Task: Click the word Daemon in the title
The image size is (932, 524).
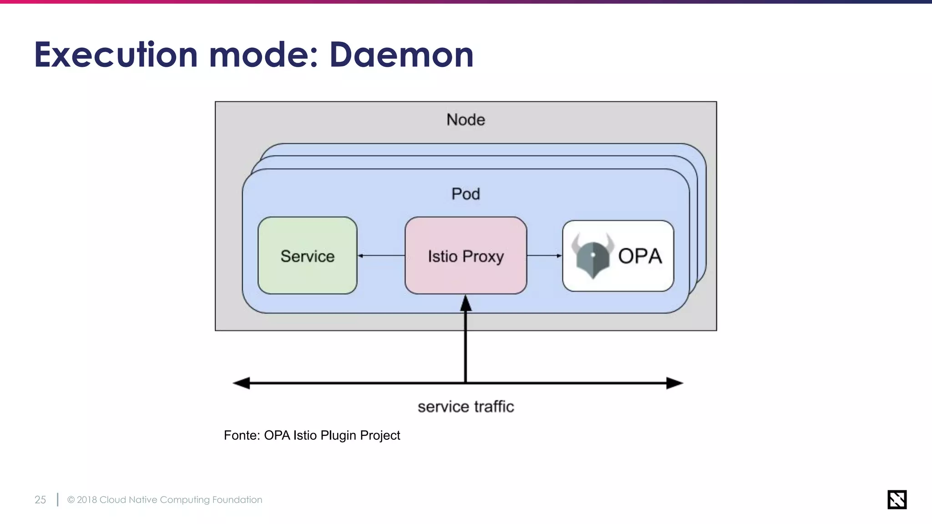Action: click(401, 55)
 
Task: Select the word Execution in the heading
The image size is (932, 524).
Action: click(116, 55)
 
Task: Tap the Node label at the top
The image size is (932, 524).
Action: click(466, 120)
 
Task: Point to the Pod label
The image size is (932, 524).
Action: click(466, 194)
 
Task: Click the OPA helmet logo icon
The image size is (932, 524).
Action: click(592, 256)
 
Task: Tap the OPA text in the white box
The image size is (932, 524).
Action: click(639, 256)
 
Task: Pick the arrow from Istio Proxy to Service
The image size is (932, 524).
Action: click(381, 256)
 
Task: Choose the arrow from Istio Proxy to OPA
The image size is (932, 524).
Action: click(544, 256)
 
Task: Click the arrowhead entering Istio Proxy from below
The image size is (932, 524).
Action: click(466, 303)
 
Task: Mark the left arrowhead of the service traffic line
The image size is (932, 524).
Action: click(242, 383)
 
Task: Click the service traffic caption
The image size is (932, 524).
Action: click(466, 407)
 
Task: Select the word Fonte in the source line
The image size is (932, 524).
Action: click(241, 435)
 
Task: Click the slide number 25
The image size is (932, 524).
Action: click(40, 499)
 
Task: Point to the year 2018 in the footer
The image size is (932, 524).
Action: click(87, 499)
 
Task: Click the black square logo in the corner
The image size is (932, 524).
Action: click(897, 499)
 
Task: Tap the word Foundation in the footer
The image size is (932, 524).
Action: click(237, 499)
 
